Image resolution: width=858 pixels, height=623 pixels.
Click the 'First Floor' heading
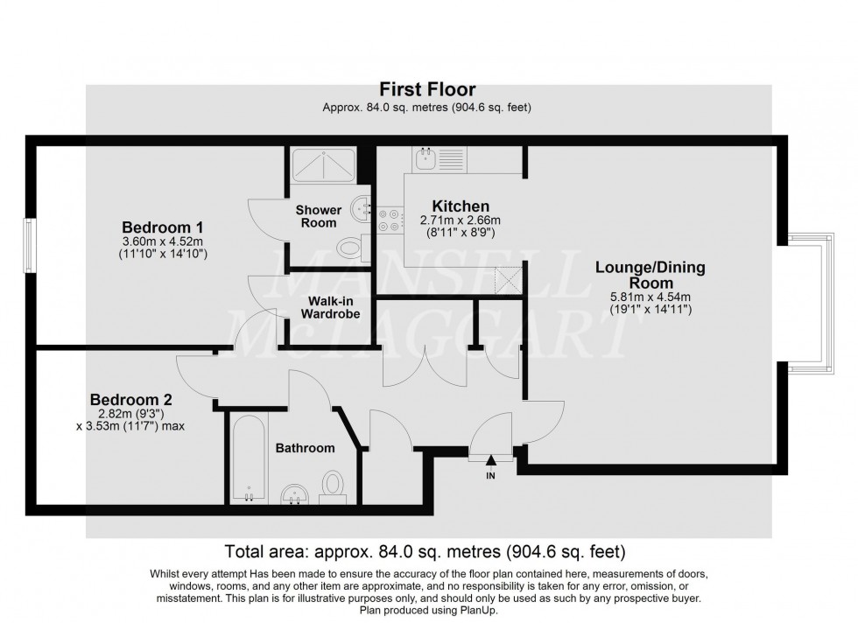pyautogui.click(x=427, y=89)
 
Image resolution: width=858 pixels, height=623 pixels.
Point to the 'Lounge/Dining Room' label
pyautogui.click(x=651, y=275)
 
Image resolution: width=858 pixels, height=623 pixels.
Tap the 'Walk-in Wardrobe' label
pyautogui.click(x=330, y=307)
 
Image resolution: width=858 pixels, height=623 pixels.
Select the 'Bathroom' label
pyautogui.click(x=306, y=448)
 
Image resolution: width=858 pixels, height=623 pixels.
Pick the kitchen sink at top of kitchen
pyautogui.click(x=428, y=158)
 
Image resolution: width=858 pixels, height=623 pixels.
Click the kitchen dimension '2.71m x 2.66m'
pyautogui.click(x=447, y=220)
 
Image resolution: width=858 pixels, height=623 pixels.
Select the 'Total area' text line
pyautogui.click(x=425, y=551)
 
